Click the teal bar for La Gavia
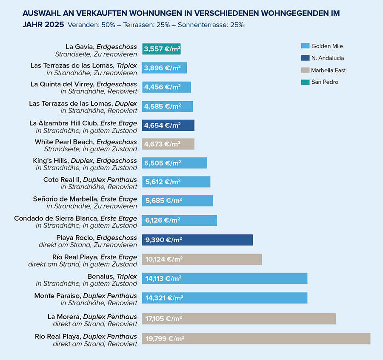coord(162,49)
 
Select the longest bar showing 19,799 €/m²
coord(256,339)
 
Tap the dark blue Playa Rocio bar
coord(197,240)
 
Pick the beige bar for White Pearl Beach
coord(168,144)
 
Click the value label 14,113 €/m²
coord(163,278)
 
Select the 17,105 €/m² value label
coord(164,318)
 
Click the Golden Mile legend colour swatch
coord(305,46)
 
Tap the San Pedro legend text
coord(325,82)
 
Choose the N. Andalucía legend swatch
coord(305,58)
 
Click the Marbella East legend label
coord(329,70)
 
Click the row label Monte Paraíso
coord(57,296)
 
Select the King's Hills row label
coord(51,161)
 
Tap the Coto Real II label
coord(62,180)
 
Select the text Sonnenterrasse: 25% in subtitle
coord(211,25)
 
